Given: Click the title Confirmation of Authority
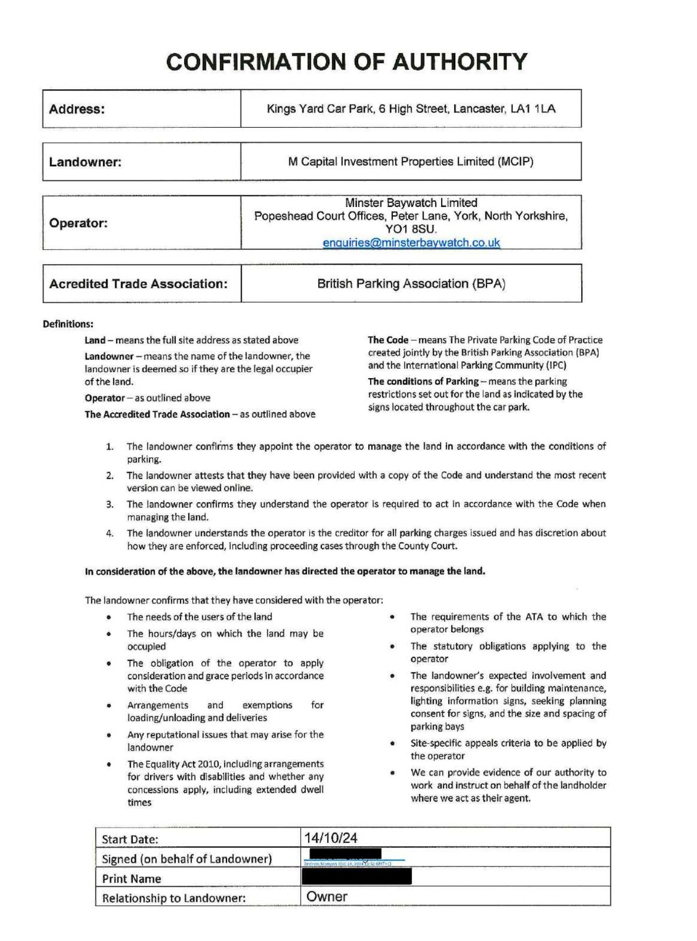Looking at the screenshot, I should coord(346,62).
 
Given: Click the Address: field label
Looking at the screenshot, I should coord(77,109).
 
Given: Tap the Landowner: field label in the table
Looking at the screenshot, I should coord(85,162).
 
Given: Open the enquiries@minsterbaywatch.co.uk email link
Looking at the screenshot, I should coord(411,242).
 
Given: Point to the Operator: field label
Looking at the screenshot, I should coord(79,223).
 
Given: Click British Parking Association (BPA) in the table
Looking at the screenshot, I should coord(411,284).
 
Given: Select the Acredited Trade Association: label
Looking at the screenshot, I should coord(138,284).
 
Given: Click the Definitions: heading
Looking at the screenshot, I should coord(68,324).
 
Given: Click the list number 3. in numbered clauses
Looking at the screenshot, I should coord(110,504).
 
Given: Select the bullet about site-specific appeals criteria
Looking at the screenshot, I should coord(508,749).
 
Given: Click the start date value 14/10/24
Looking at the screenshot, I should coord(331,838).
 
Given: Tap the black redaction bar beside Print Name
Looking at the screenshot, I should coord(356,877).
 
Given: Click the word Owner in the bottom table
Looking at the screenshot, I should coord(327,897).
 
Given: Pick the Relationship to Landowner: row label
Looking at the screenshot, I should coord(174,898).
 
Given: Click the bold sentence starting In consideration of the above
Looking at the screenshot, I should coord(285,571).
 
